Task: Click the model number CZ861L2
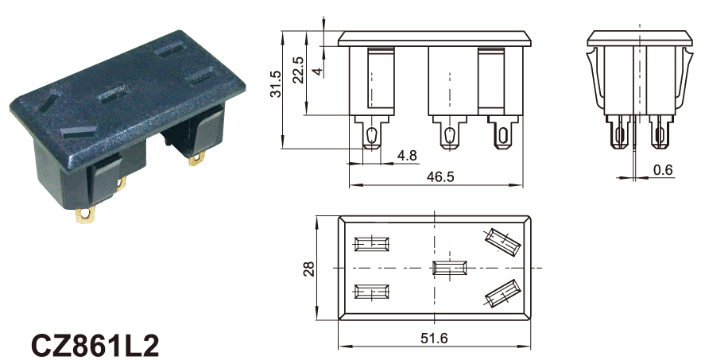click(95, 346)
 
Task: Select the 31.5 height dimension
click(275, 84)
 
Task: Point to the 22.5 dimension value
click(298, 70)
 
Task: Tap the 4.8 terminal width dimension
click(407, 156)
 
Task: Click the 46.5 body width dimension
click(440, 176)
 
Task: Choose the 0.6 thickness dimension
click(663, 170)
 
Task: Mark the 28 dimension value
click(309, 269)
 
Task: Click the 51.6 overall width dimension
click(434, 338)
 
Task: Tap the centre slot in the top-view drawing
click(450, 268)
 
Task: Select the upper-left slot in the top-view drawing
click(372, 244)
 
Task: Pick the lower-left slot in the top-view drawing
click(372, 292)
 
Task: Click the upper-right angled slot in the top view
click(502, 241)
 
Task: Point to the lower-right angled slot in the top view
click(502, 294)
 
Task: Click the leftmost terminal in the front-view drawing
click(371, 132)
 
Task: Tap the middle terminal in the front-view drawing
click(449, 132)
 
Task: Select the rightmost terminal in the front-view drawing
click(502, 132)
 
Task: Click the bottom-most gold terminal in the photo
click(85, 215)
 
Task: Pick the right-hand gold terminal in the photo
click(197, 159)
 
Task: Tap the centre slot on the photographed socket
click(114, 95)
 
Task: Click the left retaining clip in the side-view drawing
click(595, 79)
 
